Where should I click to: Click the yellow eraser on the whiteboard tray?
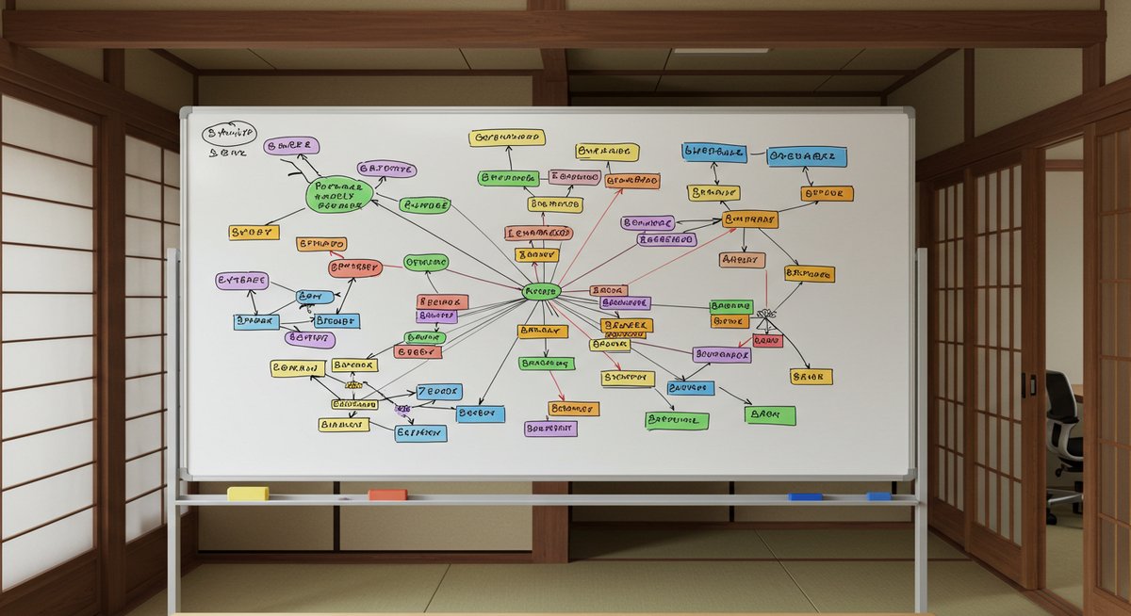[248, 493]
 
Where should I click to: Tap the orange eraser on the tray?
[387, 494]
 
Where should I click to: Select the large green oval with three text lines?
[339, 194]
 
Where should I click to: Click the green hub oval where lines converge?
[542, 292]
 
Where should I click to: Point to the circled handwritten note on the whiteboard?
[227, 133]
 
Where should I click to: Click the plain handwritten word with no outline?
[226, 152]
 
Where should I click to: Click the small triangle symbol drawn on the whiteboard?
[765, 321]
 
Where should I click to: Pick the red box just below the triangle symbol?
[768, 341]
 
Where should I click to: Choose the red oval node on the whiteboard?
[355, 268]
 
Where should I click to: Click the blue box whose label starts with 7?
[439, 391]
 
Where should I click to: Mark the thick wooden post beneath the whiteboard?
[550, 527]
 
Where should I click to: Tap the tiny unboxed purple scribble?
[402, 408]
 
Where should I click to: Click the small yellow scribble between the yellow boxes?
[352, 385]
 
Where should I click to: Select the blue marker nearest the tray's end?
[879, 495]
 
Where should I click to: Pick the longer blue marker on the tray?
[806, 495]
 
